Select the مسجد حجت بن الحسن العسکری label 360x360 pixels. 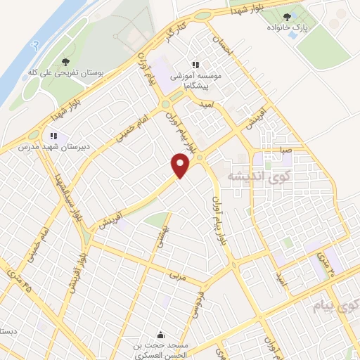pos(162,349)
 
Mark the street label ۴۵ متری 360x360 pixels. pos(18,278)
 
